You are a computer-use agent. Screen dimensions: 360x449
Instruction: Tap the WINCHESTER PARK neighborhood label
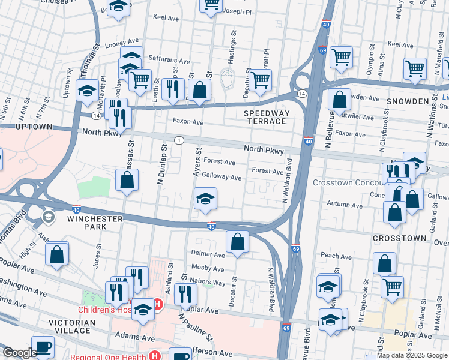coord(95,223)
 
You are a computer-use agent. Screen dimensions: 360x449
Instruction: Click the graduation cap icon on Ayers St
coord(205,200)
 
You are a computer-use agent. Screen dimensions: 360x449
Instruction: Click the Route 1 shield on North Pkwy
coord(179,140)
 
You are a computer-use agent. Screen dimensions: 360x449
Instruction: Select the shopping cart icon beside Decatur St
coord(260,81)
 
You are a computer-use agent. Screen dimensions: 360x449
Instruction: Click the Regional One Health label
coord(108,356)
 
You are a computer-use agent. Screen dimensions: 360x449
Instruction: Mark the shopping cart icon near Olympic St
coord(341,58)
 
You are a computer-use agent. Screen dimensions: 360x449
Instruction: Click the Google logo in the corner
coord(19,353)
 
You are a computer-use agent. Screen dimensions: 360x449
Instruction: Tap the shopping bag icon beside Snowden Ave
coord(340,100)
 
